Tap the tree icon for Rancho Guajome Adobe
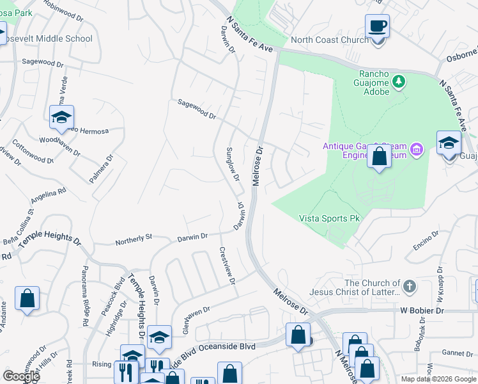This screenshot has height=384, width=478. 399,81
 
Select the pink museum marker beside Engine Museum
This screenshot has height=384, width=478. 417,150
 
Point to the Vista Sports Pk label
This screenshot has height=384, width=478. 329,219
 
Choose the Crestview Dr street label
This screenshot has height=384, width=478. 227,266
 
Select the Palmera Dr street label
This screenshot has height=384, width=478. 101,168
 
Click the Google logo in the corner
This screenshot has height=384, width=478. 22,376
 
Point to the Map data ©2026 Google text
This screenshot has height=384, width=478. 438,379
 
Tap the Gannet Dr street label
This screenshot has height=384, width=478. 456,353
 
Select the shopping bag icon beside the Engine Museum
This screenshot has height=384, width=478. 380,157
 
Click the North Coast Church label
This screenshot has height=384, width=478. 328,40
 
